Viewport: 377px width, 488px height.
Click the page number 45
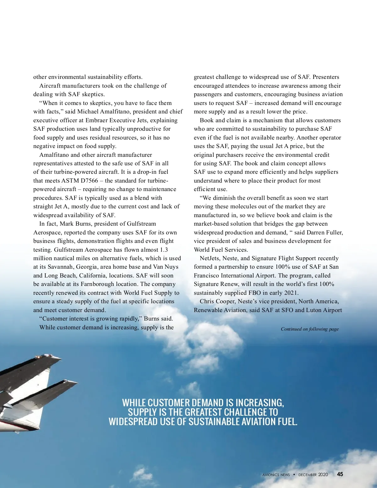(340, 474)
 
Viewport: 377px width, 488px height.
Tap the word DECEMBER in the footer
(308, 475)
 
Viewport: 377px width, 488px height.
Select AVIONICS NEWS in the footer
(276, 475)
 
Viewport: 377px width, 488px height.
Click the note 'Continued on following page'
(309, 329)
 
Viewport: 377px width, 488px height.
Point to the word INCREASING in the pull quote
(260, 403)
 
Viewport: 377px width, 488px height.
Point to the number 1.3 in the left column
(164, 250)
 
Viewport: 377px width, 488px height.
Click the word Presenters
(326, 77)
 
